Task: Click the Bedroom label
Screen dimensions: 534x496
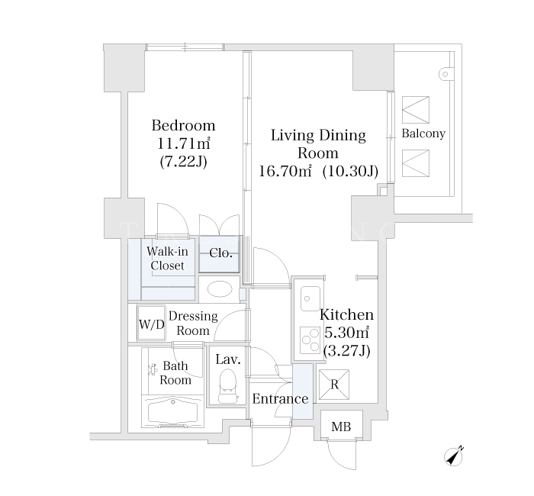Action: point(184,126)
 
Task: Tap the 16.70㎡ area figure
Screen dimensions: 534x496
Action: point(285,171)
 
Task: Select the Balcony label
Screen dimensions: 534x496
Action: point(423,134)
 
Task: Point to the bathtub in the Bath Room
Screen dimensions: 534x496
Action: point(172,411)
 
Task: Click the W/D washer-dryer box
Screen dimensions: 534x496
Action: point(152,324)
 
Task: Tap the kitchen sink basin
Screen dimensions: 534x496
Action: point(310,298)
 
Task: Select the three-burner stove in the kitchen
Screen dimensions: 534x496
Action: point(310,340)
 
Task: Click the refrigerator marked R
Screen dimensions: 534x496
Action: point(334,385)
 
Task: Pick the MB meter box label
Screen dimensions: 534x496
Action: point(341,427)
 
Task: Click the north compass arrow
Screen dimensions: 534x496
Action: point(454,456)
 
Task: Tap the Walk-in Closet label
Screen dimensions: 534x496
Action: point(167,259)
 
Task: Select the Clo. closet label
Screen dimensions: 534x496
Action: point(220,253)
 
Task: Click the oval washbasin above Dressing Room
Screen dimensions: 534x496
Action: point(220,289)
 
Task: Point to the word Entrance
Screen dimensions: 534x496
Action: point(280,398)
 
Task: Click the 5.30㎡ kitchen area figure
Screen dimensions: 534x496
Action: point(346,333)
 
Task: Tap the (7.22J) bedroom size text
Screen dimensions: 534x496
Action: point(184,162)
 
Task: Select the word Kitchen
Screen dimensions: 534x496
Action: point(346,314)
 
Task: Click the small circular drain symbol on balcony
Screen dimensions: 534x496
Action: point(445,74)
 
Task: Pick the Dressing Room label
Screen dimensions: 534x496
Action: point(193,324)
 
